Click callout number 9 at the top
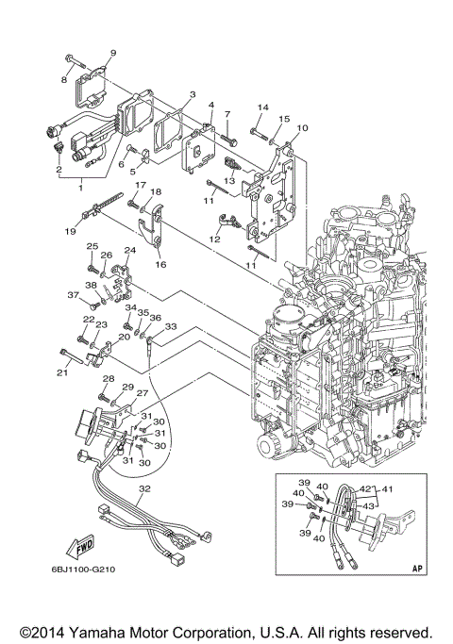tap(113, 53)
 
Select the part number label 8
tap(66, 81)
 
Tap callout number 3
tap(192, 95)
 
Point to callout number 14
tap(263, 108)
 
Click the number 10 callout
tap(301, 127)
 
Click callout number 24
tap(129, 250)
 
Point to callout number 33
tap(172, 327)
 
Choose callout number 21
tap(62, 373)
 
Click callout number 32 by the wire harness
tap(143, 489)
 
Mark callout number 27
tap(142, 394)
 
